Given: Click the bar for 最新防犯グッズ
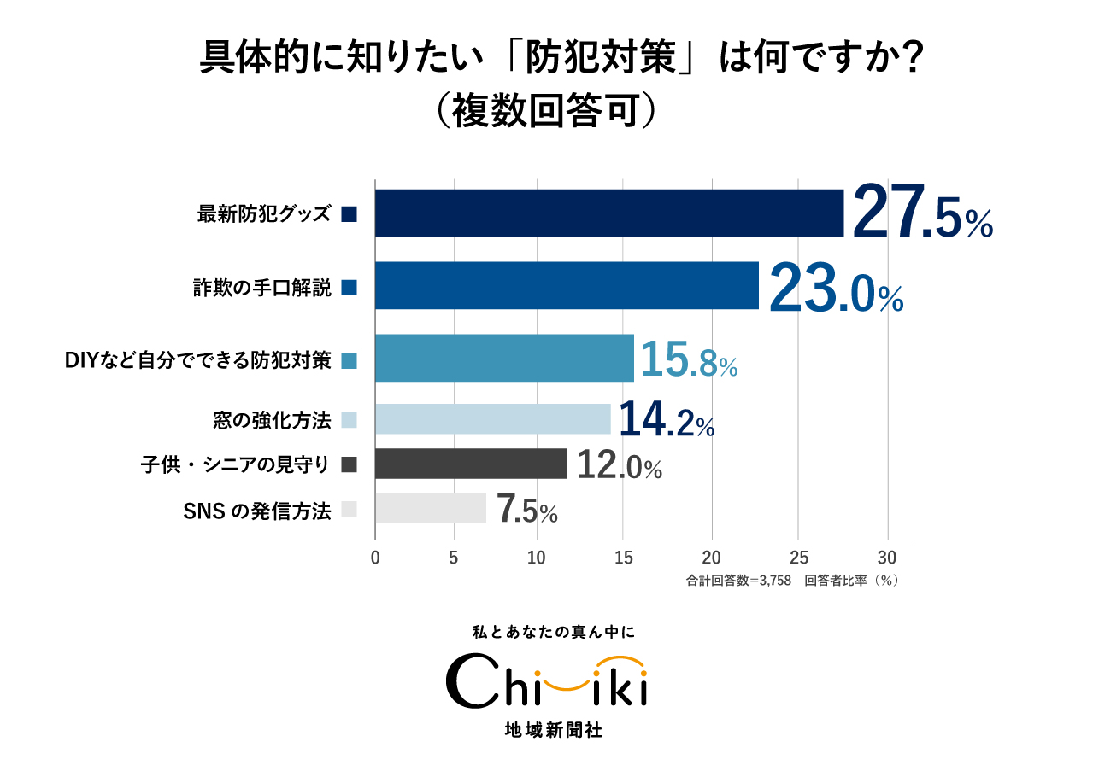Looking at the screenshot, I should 609,213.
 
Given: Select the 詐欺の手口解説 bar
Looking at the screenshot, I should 567,285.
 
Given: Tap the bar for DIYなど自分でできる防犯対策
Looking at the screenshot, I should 504,358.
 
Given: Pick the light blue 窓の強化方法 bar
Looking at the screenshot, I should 493,419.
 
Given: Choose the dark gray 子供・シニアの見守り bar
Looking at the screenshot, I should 471,464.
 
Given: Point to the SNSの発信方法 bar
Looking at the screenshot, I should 431,509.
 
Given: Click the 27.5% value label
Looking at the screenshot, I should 922,213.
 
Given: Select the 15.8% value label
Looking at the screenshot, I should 689,359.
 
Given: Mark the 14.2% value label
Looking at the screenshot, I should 666,419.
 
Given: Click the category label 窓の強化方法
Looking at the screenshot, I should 272,419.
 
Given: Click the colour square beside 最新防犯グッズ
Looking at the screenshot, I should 348,214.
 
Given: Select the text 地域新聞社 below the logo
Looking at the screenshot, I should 546,731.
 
